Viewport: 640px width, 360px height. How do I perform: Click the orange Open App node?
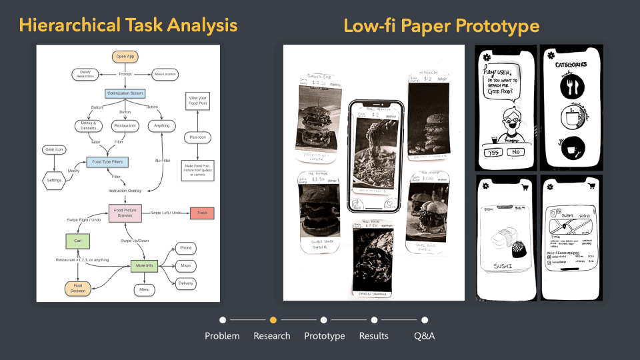point(125,56)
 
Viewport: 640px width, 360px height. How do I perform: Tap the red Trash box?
point(201,213)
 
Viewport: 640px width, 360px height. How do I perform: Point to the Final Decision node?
point(77,289)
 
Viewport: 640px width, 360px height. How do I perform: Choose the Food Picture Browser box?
point(125,213)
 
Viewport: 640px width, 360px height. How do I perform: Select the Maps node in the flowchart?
point(186,265)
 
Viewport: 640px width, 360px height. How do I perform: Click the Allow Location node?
point(166,73)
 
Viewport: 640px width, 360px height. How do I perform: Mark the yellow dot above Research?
point(273,320)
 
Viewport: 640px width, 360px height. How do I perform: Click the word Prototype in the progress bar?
point(324,336)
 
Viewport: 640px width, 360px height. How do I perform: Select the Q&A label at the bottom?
point(424,336)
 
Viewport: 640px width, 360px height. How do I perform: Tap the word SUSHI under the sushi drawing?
point(504,267)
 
